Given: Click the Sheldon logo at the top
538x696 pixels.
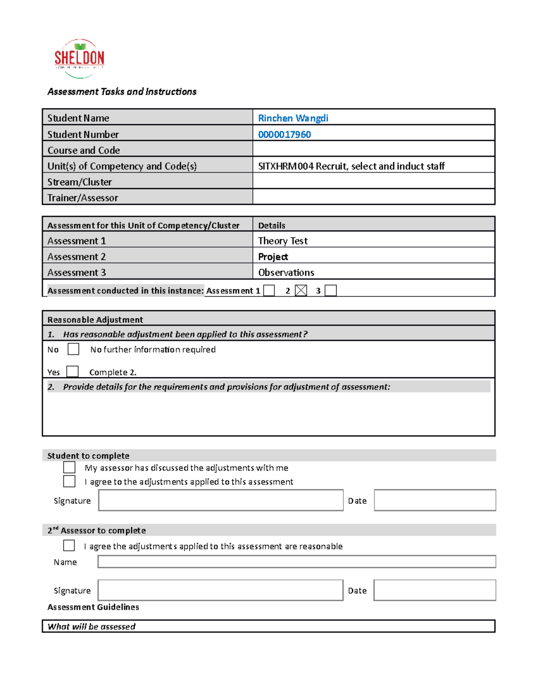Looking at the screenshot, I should tap(79, 59).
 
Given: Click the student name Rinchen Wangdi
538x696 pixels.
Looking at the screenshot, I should tap(293, 118).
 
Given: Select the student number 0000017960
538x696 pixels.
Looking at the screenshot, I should tap(284, 134).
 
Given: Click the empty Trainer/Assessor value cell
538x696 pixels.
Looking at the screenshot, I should tap(373, 197).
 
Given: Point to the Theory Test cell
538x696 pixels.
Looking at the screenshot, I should tap(283, 241).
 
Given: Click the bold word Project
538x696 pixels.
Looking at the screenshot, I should tap(273, 257).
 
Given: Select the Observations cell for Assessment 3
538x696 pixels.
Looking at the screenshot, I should tap(286, 272).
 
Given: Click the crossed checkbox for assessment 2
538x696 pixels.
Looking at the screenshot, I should tap(301, 290).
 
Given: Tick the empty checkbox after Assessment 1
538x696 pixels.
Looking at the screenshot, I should tap(269, 290).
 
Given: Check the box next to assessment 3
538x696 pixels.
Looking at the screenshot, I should tap(330, 290).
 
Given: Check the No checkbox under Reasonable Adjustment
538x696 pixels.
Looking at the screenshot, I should tap(73, 349).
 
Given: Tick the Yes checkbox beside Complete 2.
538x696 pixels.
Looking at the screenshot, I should tap(72, 372).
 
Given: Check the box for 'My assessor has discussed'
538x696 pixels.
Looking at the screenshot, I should tap(69, 467).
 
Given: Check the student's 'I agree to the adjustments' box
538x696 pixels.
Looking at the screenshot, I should tap(69, 481).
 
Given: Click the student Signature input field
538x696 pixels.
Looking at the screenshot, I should tap(221, 500).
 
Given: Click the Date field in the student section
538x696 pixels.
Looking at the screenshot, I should tap(434, 500).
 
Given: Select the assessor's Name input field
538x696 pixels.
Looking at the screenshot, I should tap(296, 562).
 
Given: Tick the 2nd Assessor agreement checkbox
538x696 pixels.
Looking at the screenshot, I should tap(69, 545).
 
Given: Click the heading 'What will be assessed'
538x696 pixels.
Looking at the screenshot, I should tap(91, 627).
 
